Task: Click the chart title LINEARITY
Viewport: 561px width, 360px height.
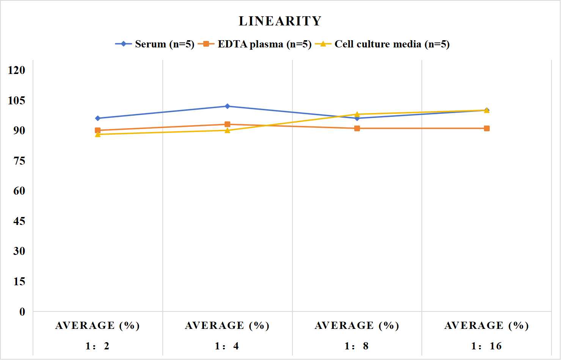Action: (280, 21)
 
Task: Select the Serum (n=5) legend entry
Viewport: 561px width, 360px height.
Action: (155, 44)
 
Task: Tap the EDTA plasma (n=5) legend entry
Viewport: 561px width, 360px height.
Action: (255, 44)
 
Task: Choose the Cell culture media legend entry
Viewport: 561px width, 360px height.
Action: (382, 44)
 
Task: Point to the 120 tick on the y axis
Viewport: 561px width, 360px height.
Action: (17, 70)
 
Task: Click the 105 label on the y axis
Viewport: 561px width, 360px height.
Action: (17, 101)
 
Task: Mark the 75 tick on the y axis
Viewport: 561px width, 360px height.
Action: (19, 161)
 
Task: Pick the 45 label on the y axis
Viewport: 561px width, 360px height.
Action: (19, 221)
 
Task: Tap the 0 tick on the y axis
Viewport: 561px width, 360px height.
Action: (22, 312)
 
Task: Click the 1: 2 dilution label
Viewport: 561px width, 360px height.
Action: (97, 346)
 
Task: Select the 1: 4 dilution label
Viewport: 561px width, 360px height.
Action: (227, 346)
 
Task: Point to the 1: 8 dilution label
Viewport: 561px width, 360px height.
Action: (357, 346)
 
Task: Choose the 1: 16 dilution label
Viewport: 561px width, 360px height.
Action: (486, 346)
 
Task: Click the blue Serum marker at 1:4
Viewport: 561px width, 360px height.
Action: (227, 106)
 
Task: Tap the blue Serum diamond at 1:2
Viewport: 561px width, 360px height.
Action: (98, 118)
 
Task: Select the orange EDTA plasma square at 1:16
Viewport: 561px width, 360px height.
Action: (487, 129)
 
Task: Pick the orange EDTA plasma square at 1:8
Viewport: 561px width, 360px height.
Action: (357, 129)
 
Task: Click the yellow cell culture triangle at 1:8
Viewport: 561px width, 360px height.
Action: (357, 114)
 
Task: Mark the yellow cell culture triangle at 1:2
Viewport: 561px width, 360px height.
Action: (98, 134)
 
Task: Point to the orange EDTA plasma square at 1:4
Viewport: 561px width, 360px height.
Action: (227, 124)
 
